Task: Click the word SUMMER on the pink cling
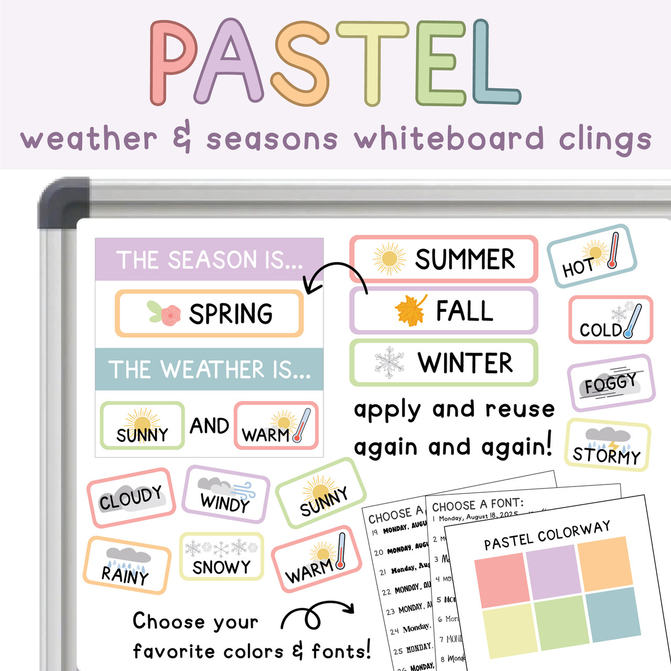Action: point(465,259)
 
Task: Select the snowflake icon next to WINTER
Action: point(389,362)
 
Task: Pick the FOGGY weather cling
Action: point(611,383)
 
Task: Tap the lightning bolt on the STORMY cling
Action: point(613,446)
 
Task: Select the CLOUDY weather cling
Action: point(131,497)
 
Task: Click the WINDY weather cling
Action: point(225,494)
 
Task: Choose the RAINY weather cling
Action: point(126,565)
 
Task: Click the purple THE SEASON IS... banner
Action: point(209,259)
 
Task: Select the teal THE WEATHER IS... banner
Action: point(209,369)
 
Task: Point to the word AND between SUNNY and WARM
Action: point(209,426)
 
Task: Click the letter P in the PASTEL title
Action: point(173,63)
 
